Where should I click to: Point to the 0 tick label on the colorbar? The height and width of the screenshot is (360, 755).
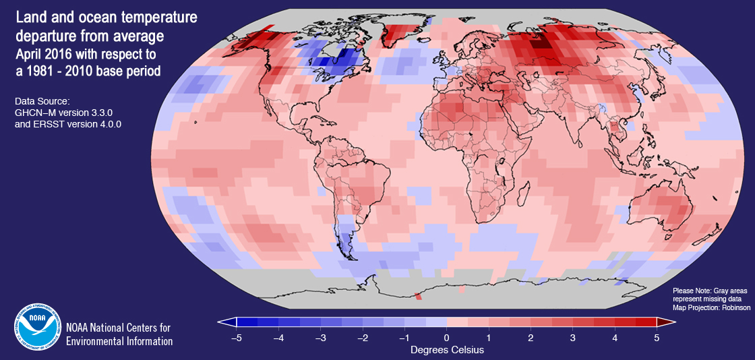coord(446,337)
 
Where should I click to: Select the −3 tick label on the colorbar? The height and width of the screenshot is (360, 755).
coord(320,337)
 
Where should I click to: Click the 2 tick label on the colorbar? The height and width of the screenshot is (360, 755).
coord(531,337)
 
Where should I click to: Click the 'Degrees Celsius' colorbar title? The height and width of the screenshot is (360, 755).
coord(446,351)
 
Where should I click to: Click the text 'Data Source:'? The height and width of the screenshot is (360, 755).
coord(42,100)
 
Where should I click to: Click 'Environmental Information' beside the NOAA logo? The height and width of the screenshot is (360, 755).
coord(119,341)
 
